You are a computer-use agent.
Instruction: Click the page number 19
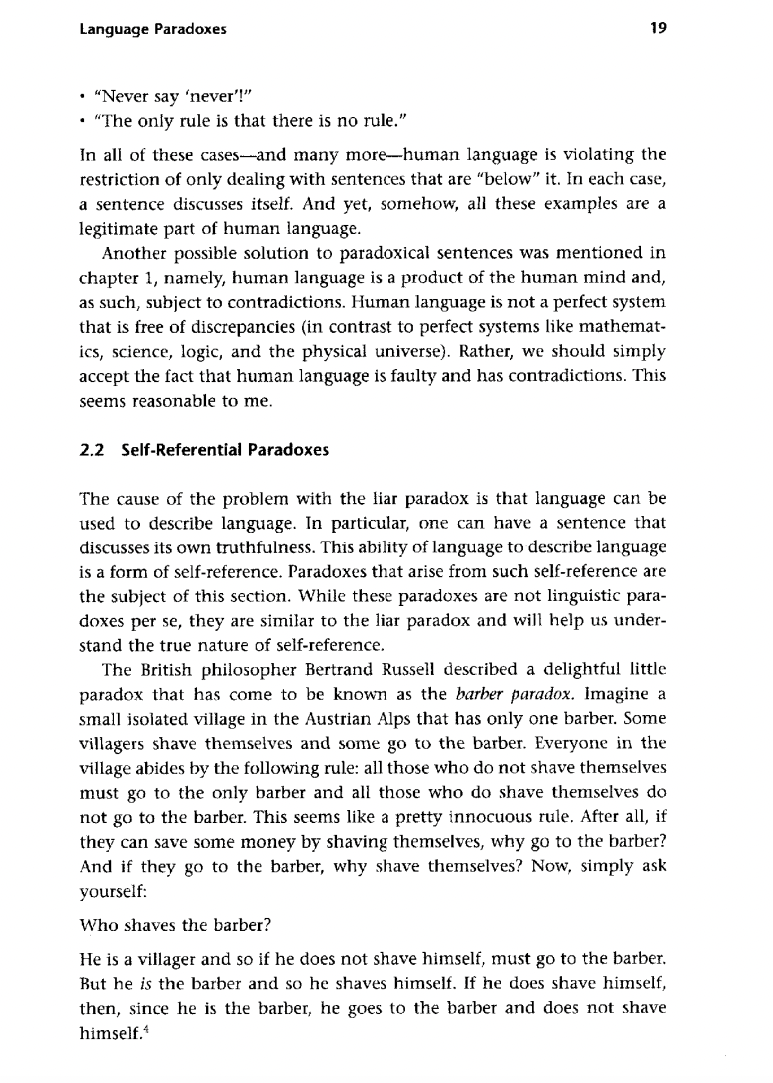(x=658, y=30)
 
